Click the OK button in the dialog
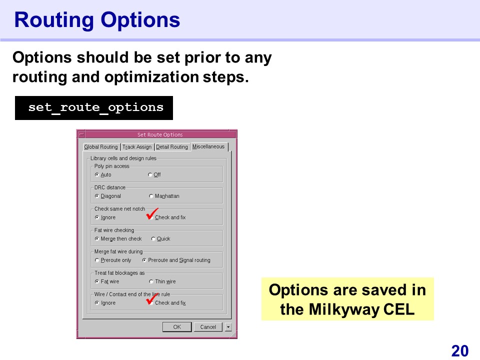coord(177,327)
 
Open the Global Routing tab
coord(101,147)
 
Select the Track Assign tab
coord(137,147)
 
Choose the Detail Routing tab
coord(171,147)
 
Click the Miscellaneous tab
coord(209,146)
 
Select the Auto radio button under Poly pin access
coord(97,175)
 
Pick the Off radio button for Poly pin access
coord(150,175)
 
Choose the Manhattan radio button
coord(151,196)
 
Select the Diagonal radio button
coord(97,196)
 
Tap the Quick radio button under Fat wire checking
coord(153,239)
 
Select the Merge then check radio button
coord(97,239)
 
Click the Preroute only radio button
coord(97,260)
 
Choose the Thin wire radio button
coord(151,281)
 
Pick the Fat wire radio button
coord(97,281)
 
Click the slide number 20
coord(460,351)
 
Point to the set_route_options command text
coord(96,107)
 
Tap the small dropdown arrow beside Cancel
coord(228,327)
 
